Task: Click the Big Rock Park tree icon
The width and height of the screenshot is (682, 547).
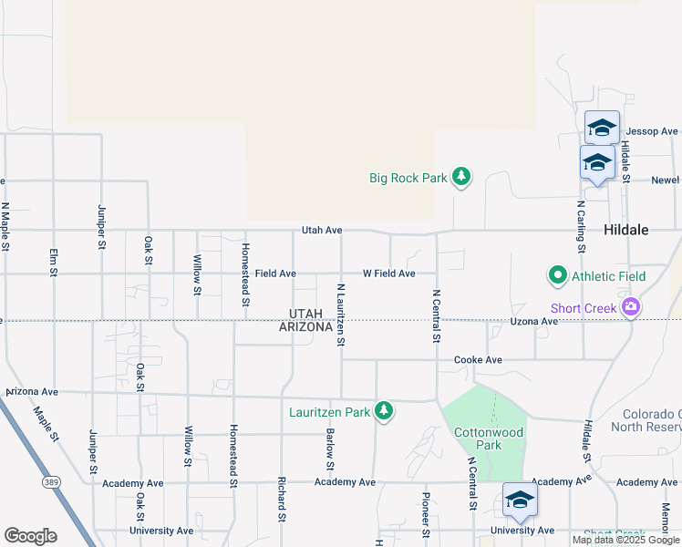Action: click(x=461, y=177)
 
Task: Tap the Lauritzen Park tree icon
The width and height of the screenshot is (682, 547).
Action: click(x=385, y=411)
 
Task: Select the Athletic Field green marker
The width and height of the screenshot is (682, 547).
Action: click(x=556, y=275)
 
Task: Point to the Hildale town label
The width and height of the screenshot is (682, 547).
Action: click(x=626, y=231)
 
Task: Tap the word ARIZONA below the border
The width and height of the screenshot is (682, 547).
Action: click(x=305, y=327)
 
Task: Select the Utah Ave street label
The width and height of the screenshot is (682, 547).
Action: click(x=323, y=231)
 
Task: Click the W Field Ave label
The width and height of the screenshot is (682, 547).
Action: click(x=389, y=273)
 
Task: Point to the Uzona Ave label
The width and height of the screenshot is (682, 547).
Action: click(x=533, y=322)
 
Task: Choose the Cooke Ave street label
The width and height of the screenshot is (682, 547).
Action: click(x=479, y=360)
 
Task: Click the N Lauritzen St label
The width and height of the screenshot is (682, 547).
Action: click(x=340, y=314)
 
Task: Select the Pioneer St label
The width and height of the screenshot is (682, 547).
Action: click(x=425, y=513)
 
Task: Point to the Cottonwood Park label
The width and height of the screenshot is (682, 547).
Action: click(x=478, y=439)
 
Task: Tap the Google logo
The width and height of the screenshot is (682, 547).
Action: click(x=30, y=536)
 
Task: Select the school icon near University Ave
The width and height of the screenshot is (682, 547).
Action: click(x=520, y=500)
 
